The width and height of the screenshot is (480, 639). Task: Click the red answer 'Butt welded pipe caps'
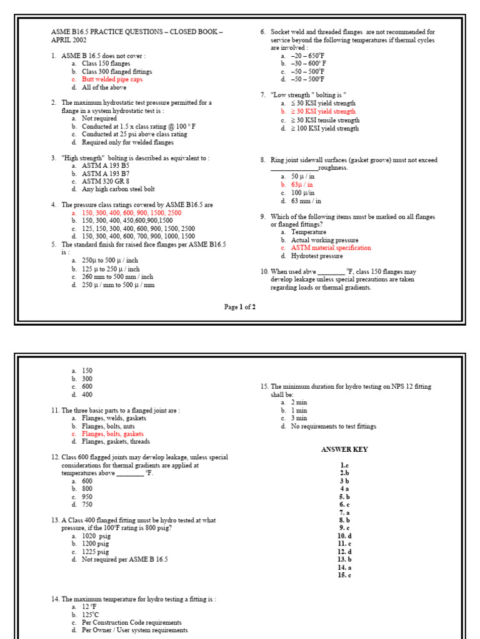pos(112,80)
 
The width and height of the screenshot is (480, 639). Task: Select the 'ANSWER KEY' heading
pos(344,449)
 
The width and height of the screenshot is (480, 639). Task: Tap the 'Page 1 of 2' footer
pos(240,307)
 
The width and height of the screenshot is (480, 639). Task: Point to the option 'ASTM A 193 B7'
pos(105,173)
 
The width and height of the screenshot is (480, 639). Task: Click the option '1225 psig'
pos(95,552)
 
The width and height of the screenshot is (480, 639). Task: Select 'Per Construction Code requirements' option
pos(131,622)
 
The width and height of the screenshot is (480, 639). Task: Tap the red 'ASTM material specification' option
pos(331,248)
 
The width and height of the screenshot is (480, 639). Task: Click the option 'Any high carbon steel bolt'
pos(118,189)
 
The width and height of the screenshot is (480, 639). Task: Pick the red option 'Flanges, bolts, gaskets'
pos(112,434)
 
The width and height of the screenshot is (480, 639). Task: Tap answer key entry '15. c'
pos(344,575)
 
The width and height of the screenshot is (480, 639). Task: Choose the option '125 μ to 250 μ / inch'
pos(111,269)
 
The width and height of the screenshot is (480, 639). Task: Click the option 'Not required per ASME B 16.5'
pos(124,560)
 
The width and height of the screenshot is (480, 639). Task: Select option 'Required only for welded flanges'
pos(127,142)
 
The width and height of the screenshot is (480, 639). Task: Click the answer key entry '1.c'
pos(344,465)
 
